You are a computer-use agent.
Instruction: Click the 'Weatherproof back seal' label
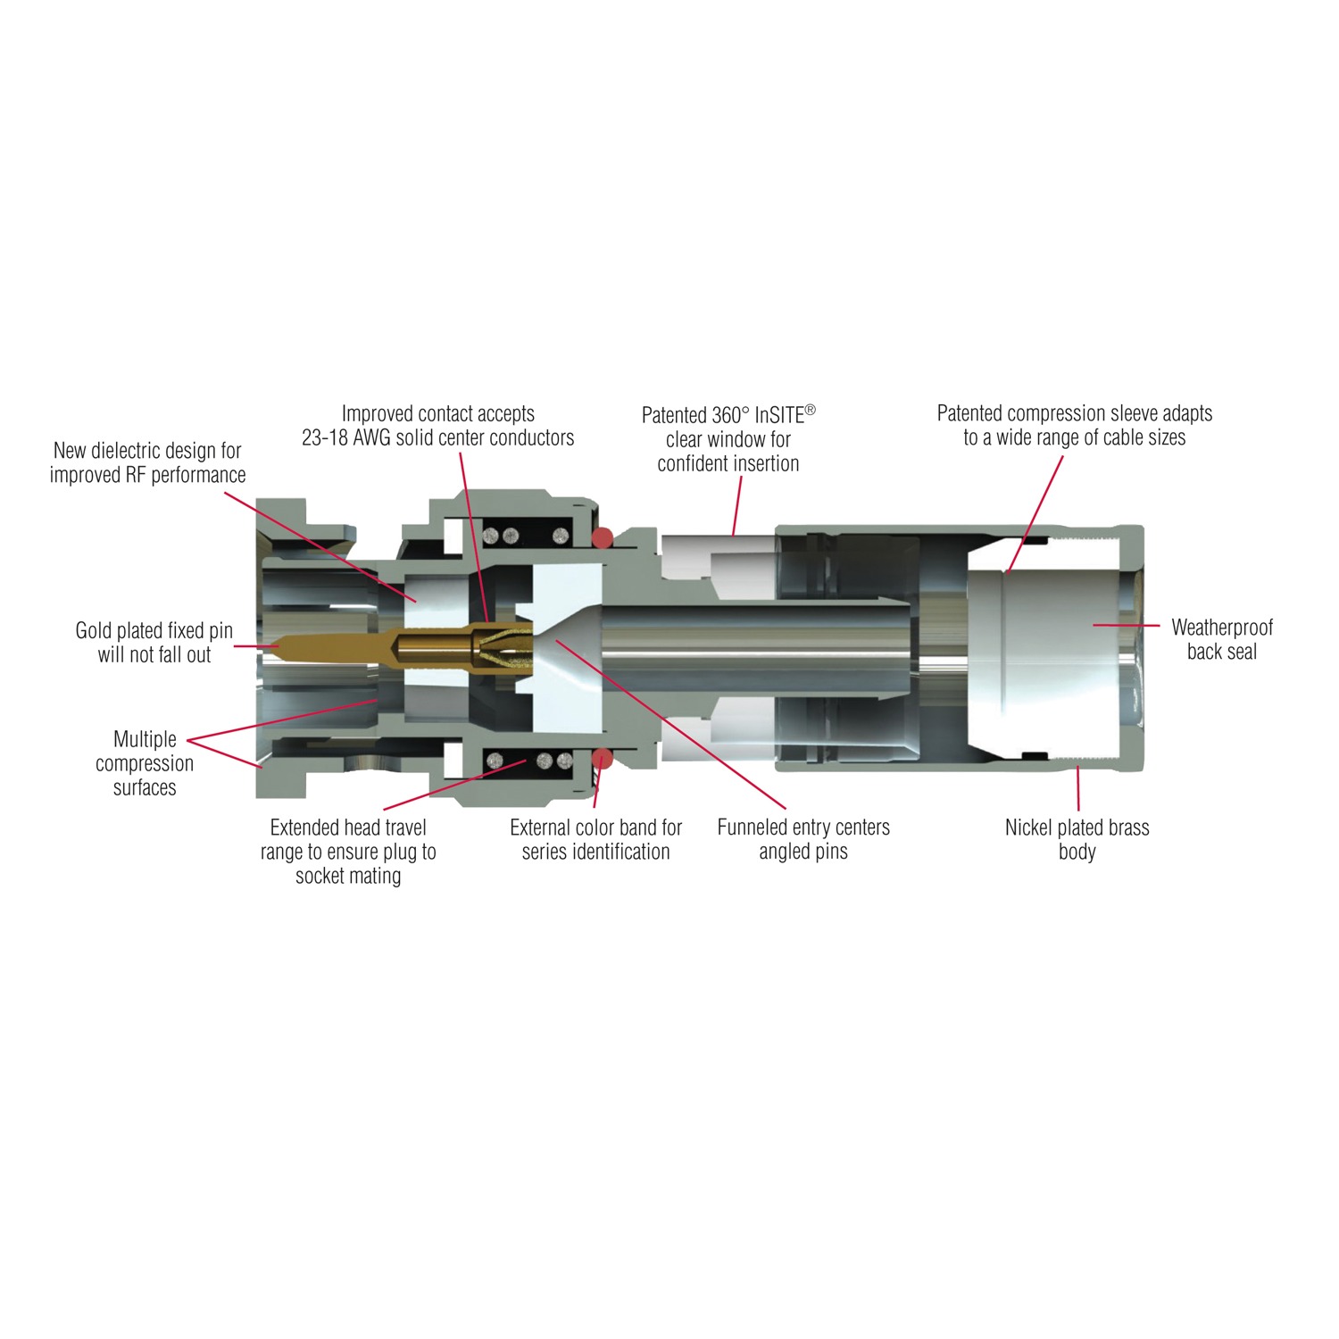point(1222,639)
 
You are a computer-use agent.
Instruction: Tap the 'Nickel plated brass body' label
point(1077,839)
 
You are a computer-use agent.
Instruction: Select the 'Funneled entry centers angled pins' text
point(803,839)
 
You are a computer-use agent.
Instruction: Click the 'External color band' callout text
point(595,839)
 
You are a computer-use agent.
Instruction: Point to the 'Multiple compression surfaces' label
point(145,763)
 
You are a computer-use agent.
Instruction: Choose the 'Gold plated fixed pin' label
point(154,642)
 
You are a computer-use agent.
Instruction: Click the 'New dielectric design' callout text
point(147,462)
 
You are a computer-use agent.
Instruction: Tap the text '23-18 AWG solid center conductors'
point(437,437)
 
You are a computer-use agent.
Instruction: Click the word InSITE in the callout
point(779,415)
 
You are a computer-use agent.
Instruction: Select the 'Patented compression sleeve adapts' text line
point(1075,413)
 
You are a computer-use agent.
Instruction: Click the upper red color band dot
point(603,537)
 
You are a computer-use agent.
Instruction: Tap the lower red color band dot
point(603,759)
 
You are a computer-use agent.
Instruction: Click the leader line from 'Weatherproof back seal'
point(1127,626)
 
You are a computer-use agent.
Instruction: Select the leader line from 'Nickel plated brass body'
point(1078,788)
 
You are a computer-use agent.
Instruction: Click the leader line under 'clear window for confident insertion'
point(737,505)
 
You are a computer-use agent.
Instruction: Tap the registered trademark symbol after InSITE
point(811,410)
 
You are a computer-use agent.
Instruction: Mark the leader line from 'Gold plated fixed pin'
point(256,646)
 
